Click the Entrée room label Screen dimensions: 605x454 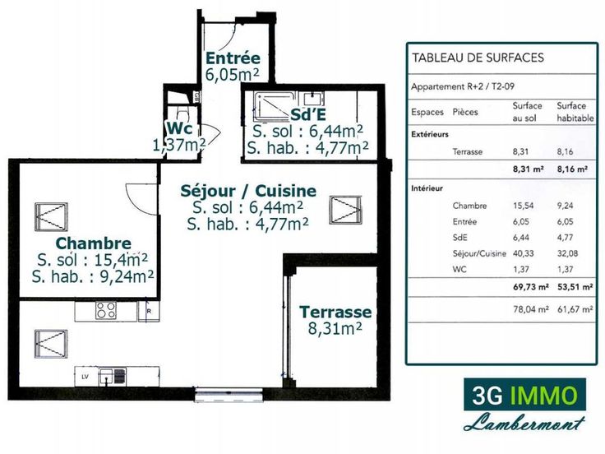(233, 58)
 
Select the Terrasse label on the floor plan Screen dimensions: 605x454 (335, 312)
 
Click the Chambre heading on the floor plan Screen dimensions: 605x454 (94, 243)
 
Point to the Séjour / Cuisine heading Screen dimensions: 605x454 (248, 191)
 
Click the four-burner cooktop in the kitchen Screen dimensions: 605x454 (106, 310)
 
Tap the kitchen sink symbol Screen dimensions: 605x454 (113, 377)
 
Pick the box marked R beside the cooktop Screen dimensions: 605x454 (149, 311)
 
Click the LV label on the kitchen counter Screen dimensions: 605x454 (85, 377)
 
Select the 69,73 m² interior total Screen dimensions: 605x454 (530, 287)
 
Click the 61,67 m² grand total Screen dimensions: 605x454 (575, 309)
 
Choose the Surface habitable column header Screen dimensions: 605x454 (575, 112)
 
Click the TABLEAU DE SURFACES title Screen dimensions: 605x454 (478, 58)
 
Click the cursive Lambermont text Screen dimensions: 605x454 (524, 423)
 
